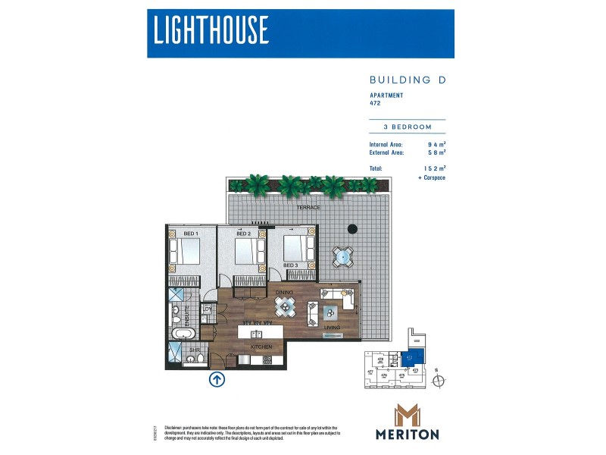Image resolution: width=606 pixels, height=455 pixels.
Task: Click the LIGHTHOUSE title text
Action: pos(211,30)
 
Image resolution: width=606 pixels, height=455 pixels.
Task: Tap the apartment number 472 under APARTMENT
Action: pos(375,104)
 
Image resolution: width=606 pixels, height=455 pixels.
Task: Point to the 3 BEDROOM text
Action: pos(406,127)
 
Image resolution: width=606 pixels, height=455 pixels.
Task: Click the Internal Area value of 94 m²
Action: pos(436,143)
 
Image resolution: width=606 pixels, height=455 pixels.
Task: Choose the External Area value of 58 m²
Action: pos(436,152)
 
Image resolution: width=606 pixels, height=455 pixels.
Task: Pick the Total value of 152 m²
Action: pos(434,168)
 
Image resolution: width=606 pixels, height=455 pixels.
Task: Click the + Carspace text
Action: pos(431,177)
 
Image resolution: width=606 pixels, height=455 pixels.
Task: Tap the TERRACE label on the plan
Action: pos(309,206)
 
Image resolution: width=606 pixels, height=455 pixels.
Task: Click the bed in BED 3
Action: pos(298,248)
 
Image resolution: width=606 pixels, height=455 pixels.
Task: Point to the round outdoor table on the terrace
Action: pos(343,257)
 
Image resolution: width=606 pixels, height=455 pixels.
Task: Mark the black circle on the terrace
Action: pos(351,229)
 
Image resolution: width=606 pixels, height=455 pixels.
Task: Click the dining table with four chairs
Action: pos(285,306)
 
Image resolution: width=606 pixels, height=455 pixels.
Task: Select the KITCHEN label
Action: pos(261,346)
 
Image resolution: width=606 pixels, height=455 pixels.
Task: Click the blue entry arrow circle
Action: pos(217,379)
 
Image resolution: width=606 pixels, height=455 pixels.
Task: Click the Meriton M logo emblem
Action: pos(407,416)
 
